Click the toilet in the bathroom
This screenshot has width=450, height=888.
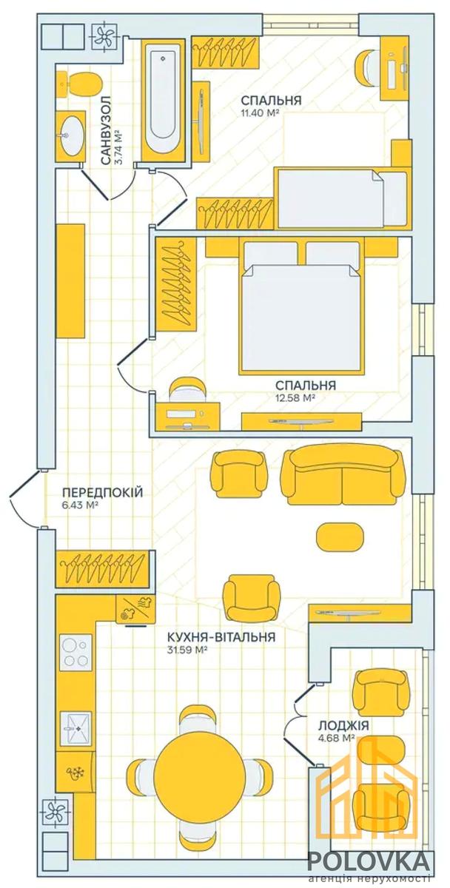[79, 83]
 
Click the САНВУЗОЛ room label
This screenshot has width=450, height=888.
[107, 130]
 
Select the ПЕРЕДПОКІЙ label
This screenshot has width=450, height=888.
[102, 492]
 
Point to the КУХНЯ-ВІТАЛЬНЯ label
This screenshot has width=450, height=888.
[221, 637]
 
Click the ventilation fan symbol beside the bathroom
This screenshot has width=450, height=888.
[104, 37]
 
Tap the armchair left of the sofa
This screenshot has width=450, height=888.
[238, 474]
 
